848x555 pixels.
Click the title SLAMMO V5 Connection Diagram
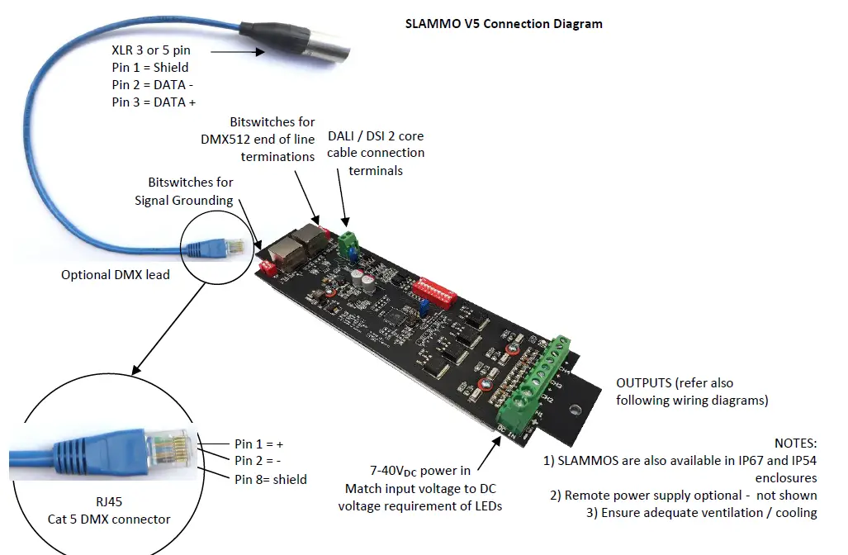point(504,23)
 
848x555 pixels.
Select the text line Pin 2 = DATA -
point(153,85)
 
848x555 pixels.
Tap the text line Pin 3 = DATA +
point(154,102)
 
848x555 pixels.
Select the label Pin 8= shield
point(270,479)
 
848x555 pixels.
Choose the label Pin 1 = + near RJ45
point(258,444)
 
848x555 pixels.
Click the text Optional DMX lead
point(115,274)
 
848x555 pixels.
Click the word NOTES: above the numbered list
point(795,444)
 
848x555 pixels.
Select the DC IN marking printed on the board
point(507,429)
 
